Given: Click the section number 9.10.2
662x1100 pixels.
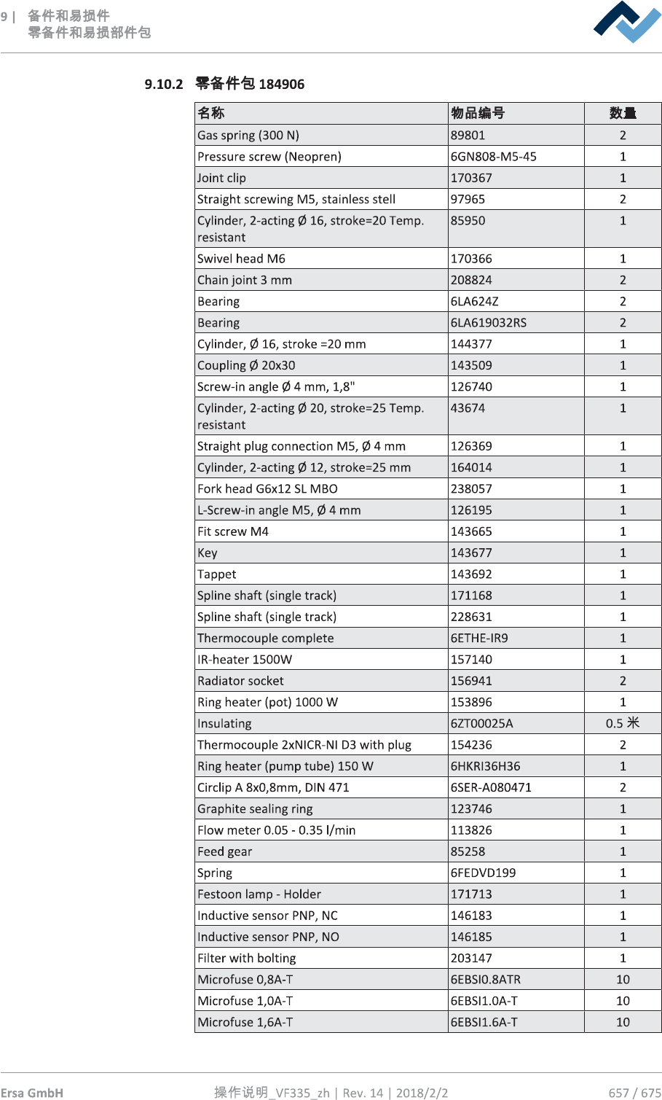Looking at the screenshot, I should click(x=163, y=85).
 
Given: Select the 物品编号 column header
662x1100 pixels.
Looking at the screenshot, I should click(x=478, y=113).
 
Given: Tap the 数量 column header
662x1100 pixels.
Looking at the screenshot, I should click(x=623, y=113).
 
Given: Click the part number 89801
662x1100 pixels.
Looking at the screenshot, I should click(x=468, y=135).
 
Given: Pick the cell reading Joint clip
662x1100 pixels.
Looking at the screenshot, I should click(x=222, y=178).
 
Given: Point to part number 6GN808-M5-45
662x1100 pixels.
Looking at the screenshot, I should click(x=493, y=157).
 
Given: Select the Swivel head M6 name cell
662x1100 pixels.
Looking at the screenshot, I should click(x=241, y=259).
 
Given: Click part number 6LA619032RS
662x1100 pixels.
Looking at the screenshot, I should click(x=488, y=323).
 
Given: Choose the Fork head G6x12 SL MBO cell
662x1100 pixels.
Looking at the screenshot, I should click(x=267, y=489).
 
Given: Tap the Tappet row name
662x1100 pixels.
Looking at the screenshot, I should click(x=217, y=574).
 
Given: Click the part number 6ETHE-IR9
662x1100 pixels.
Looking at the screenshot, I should click(x=479, y=639).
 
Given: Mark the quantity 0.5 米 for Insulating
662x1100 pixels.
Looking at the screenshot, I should click(x=623, y=723).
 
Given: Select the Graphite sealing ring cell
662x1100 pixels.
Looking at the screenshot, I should click(x=255, y=809).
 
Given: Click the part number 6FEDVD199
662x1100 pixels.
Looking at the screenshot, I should click(x=483, y=873).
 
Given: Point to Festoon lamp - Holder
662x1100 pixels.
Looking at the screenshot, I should click(x=259, y=894).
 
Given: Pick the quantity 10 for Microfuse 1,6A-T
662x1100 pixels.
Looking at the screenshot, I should click(x=623, y=1022).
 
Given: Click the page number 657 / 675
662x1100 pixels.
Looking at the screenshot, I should click(x=634, y=1093).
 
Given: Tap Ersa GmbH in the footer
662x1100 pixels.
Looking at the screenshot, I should click(x=32, y=1093).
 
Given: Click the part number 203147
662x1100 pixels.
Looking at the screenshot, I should click(x=471, y=959).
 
